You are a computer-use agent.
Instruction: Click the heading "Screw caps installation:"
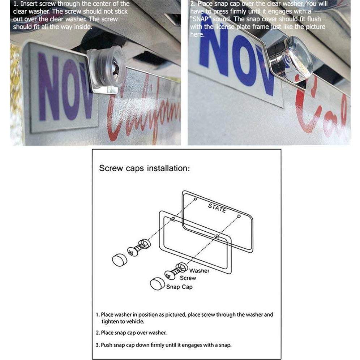pyautogui.click(x=144, y=168)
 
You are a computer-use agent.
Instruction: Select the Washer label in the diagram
pyautogui.click(x=199, y=270)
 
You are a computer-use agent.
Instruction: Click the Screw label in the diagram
pyautogui.click(x=188, y=278)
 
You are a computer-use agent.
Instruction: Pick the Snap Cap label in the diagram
pyautogui.click(x=179, y=287)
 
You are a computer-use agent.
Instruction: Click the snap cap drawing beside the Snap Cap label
pyautogui.click(x=157, y=284)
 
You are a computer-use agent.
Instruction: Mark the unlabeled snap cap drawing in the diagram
pyautogui.click(x=120, y=260)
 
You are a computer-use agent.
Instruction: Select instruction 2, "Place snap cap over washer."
pyautogui.click(x=131, y=333)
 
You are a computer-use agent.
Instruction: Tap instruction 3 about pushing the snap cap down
pyautogui.click(x=163, y=345)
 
